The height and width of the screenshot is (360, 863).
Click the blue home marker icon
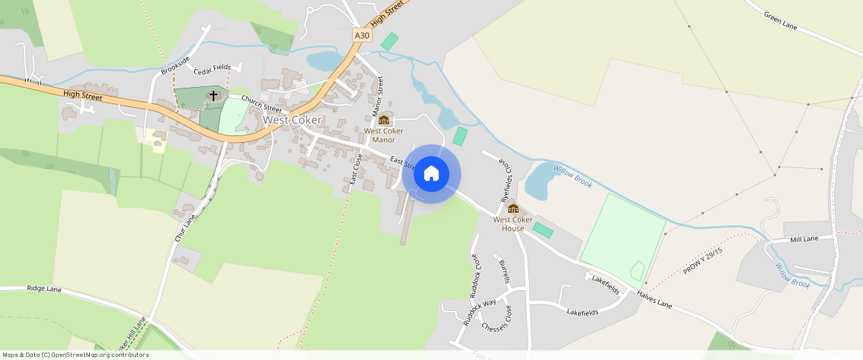(431, 174)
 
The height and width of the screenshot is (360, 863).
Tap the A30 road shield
(362, 35)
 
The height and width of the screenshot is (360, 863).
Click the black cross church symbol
(214, 95)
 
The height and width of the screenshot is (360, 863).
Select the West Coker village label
(292, 120)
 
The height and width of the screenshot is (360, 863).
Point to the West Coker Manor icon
(384, 120)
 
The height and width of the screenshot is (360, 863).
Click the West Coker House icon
(513, 208)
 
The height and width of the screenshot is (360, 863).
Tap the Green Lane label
(780, 20)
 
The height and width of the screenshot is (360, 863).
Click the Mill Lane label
(804, 239)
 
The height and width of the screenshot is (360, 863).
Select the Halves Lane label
(654, 300)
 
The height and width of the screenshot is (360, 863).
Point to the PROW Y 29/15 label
(703, 260)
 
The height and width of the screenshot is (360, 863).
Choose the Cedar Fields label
(212, 68)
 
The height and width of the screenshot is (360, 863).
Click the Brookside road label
(176, 65)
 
